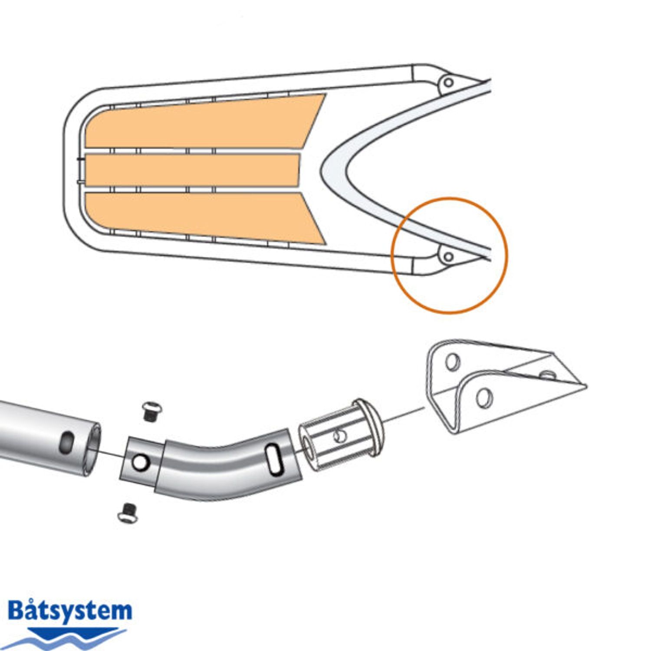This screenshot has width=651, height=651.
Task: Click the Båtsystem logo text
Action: tap(69, 611)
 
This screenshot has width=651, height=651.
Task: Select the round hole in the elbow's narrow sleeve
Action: tap(139, 463)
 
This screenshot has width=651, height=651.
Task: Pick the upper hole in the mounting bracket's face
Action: tap(452, 362)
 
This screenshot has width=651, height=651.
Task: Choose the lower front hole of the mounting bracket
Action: tap(484, 398)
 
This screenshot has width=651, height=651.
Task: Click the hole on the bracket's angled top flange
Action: tap(548, 374)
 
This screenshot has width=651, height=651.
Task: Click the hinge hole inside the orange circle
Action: tap(449, 256)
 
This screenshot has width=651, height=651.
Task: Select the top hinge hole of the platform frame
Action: tap(449, 82)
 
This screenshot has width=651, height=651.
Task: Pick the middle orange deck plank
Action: tap(191, 171)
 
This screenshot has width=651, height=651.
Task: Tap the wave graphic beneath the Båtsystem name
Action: tap(65, 637)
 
